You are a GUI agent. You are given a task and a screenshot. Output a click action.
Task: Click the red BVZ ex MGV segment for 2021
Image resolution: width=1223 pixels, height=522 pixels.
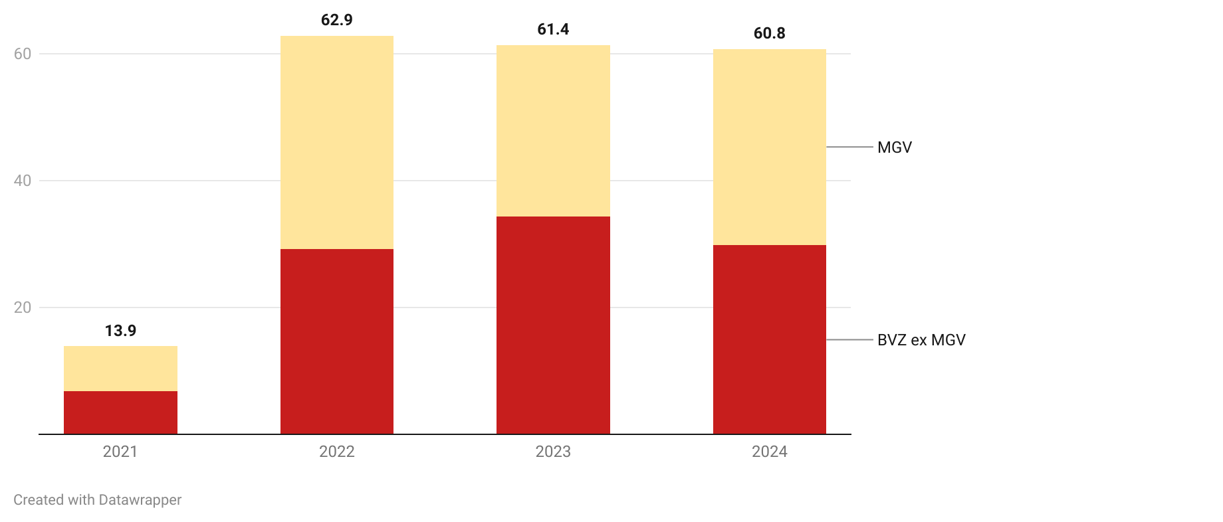120,412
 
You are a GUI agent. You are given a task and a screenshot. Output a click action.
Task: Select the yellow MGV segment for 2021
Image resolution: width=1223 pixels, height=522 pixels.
120,369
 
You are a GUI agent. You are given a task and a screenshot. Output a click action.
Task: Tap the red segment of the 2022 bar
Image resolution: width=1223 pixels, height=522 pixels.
337,341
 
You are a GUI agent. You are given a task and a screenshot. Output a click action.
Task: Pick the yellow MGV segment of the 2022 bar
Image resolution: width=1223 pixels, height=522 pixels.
337,143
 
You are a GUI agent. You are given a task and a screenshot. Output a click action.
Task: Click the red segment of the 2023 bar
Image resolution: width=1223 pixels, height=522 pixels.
553,325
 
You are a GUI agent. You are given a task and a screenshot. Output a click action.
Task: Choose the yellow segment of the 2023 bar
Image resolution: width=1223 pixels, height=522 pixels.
553,131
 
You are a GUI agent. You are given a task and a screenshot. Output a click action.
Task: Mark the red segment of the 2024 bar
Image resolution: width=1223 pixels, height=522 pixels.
770,339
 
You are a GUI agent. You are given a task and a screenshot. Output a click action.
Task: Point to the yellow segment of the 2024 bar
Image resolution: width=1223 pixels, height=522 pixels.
770,147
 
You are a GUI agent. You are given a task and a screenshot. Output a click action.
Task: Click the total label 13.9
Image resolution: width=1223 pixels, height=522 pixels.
120,330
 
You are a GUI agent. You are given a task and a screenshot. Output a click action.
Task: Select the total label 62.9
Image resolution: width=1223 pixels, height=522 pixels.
337,21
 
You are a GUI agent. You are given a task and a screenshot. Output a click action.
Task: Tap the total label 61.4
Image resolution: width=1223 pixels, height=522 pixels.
553,29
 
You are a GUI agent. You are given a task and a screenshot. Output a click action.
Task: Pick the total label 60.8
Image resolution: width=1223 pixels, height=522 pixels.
770,33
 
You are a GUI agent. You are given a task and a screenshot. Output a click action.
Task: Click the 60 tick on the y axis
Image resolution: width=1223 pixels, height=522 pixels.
23,54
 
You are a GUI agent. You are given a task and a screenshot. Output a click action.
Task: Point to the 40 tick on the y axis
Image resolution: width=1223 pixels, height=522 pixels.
23,181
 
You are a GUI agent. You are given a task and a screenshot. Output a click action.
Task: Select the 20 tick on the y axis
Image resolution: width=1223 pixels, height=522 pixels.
23,307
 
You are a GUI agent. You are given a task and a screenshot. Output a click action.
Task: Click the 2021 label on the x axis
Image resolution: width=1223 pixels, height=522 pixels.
120,452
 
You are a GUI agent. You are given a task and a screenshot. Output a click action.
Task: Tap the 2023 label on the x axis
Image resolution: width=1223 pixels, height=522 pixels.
553,452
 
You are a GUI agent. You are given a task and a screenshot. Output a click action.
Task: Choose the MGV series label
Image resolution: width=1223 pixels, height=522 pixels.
895,147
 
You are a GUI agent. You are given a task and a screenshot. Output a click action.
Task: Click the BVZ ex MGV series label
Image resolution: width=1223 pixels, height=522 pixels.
921,340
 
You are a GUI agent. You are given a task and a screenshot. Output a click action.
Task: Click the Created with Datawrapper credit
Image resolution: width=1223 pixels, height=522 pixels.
98,500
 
